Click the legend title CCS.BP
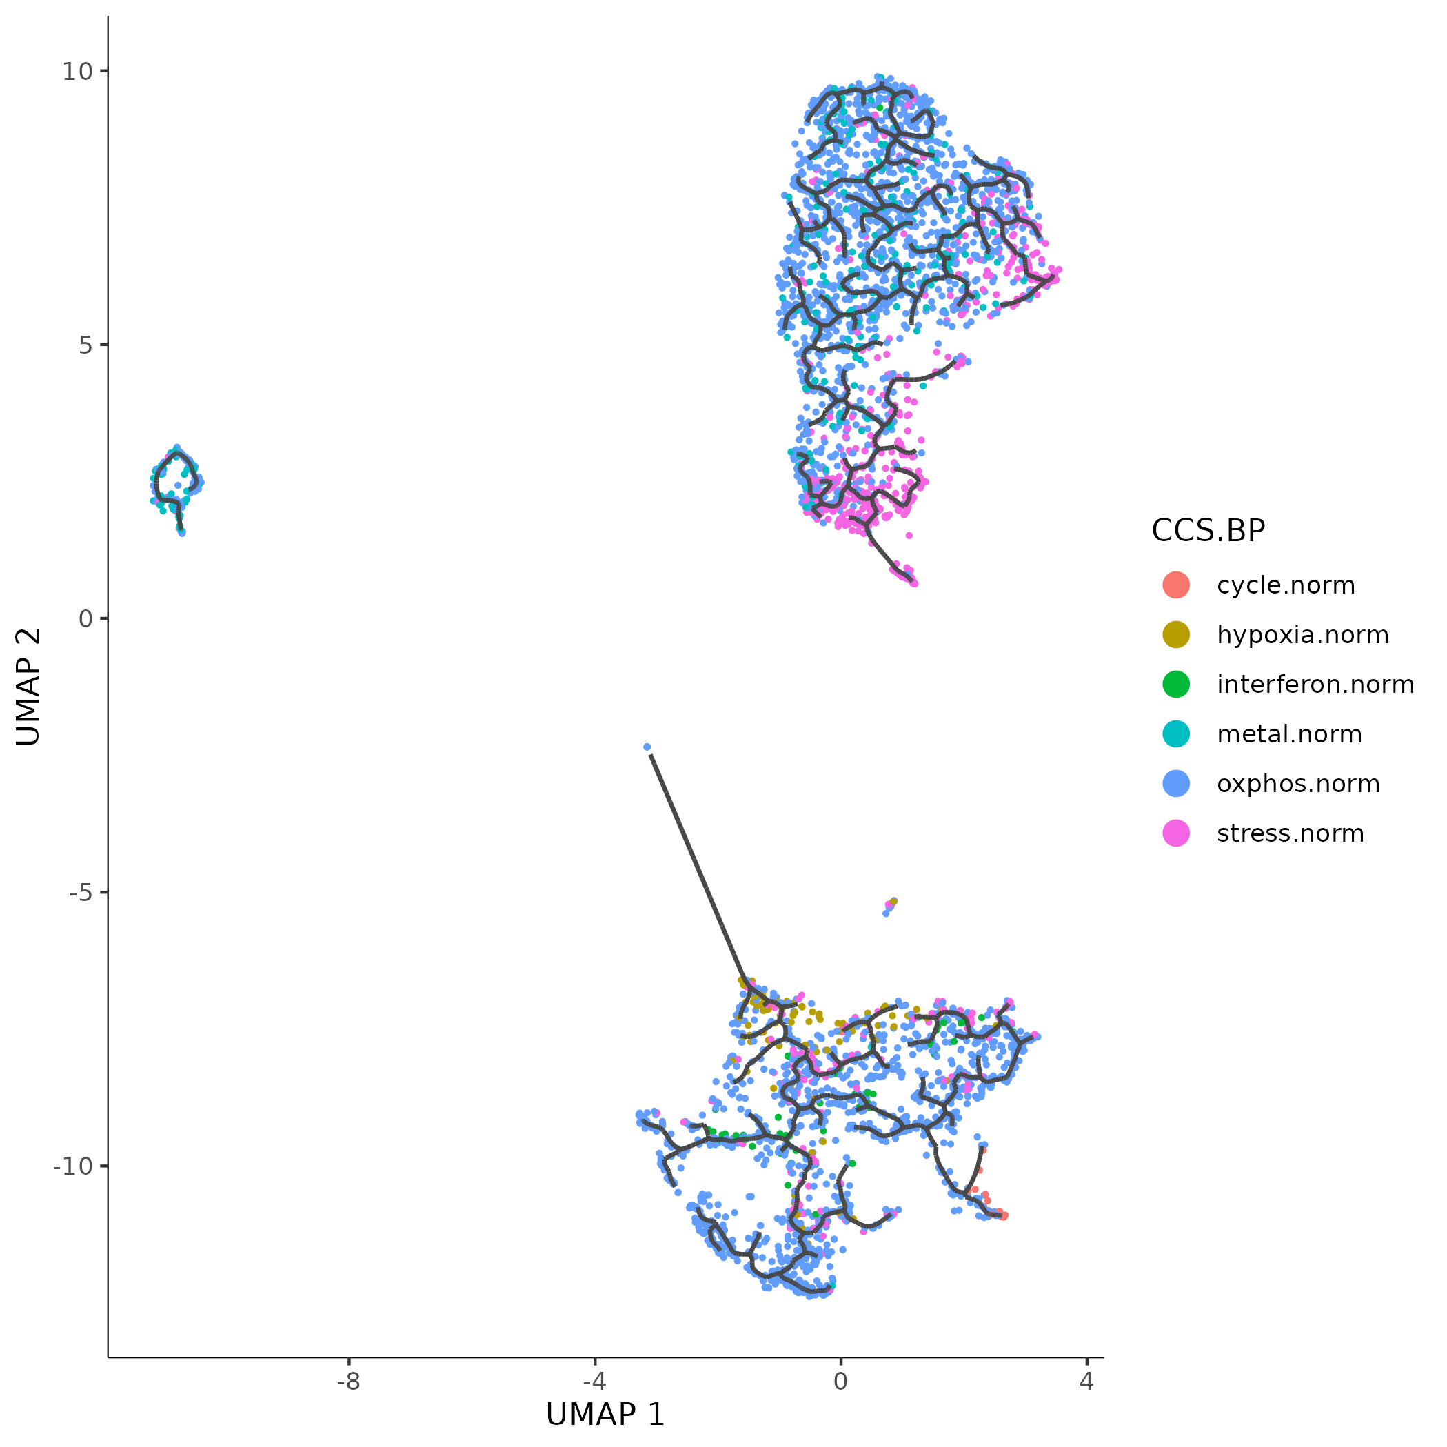(x=1207, y=531)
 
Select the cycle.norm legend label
(x=1285, y=586)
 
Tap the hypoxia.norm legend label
(x=1302, y=635)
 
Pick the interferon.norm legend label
(x=1315, y=685)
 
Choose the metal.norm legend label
(x=1289, y=735)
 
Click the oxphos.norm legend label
(x=1298, y=785)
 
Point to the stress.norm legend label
(x=1290, y=833)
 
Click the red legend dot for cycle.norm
(x=1176, y=585)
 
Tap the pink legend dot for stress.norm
(x=1176, y=833)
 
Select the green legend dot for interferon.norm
(x=1176, y=685)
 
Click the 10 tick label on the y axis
(x=77, y=72)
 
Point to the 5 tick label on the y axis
(x=84, y=345)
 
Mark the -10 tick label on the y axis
(x=71, y=1166)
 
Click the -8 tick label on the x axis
(x=348, y=1382)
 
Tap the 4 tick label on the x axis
(x=1086, y=1382)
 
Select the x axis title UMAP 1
(x=605, y=1415)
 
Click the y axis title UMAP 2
(x=28, y=687)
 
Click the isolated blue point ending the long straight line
(x=647, y=747)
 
